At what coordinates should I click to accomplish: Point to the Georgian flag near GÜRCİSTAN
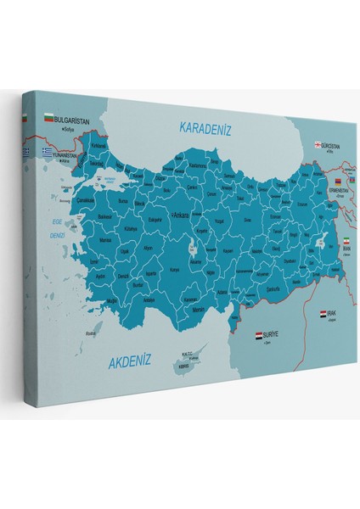pos(319,145)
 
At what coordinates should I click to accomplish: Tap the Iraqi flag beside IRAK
pos(323,314)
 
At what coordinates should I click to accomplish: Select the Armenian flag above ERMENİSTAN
pos(337,182)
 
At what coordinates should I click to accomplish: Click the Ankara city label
pos(181,215)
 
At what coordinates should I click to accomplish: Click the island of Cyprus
pos(182,367)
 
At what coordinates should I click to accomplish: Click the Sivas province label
pos(250,219)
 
